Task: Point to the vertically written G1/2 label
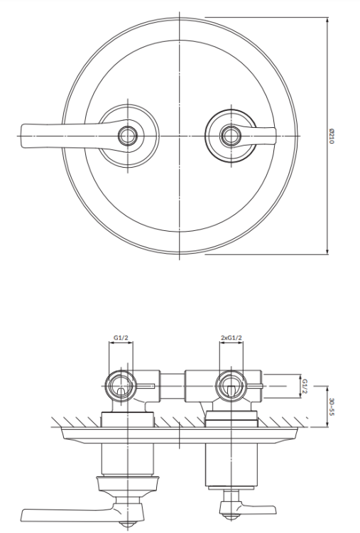click(x=305, y=386)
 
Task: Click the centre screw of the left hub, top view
click(x=128, y=134)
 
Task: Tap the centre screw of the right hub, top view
click(x=229, y=134)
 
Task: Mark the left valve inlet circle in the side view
click(x=120, y=387)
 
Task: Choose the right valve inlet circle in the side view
click(x=229, y=387)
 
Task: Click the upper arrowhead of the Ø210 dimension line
click(x=327, y=21)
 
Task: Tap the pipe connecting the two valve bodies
click(x=173, y=386)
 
